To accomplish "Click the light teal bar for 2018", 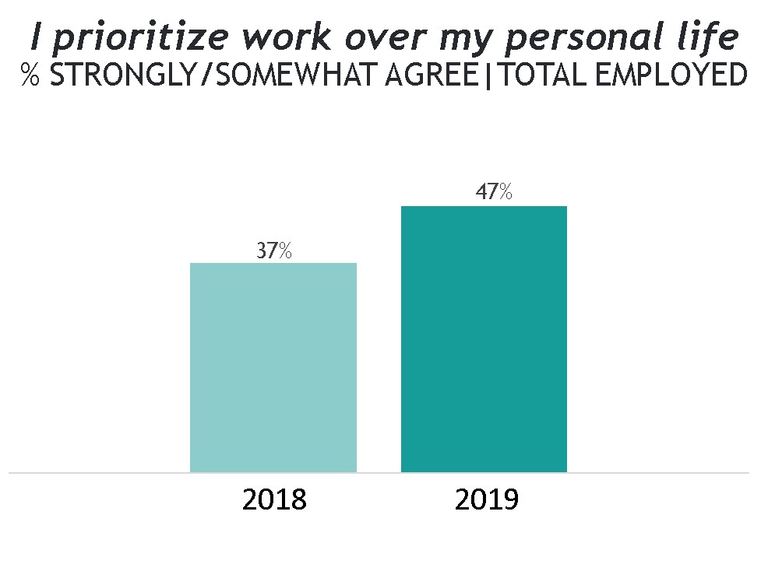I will (273, 367).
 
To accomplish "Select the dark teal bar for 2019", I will (484, 339).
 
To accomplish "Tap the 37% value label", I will (274, 251).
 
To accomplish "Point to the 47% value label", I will (494, 192).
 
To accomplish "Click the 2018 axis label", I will (274, 499).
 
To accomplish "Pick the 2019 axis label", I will (487, 499).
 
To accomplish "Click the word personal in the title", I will (593, 37).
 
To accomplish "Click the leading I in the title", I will (36, 37).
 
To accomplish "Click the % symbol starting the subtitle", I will (30, 75).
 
